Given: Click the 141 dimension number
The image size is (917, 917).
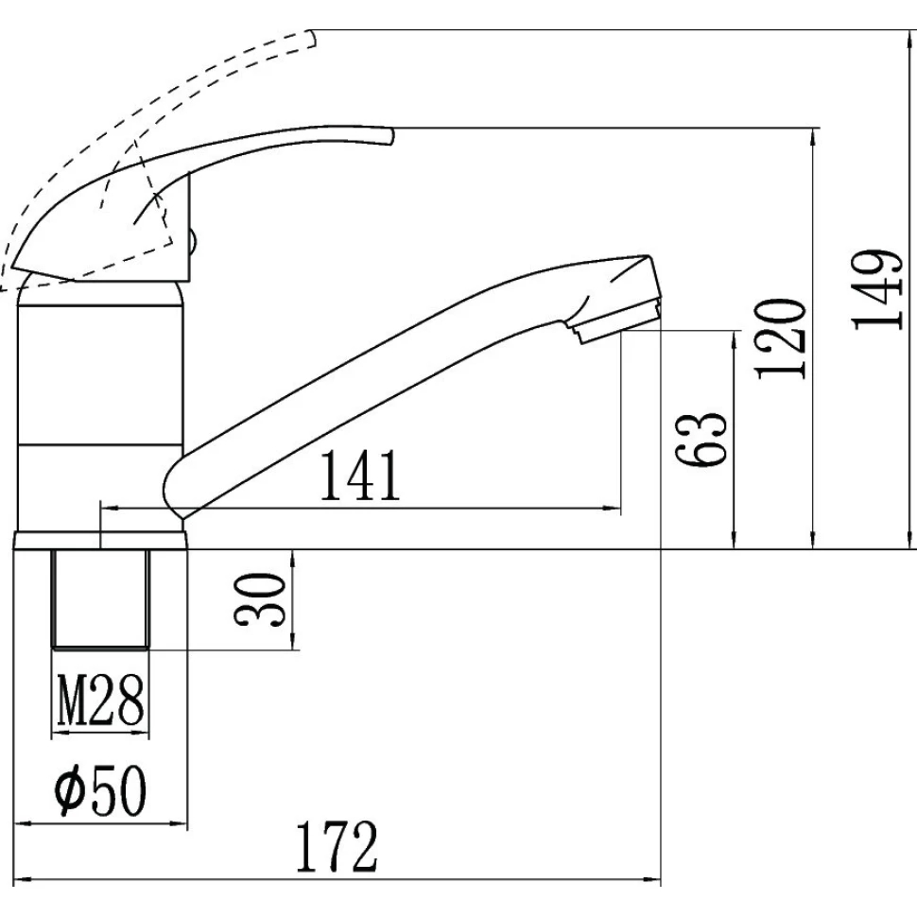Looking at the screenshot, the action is (x=361, y=475).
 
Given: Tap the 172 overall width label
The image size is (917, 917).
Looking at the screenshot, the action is (x=337, y=847).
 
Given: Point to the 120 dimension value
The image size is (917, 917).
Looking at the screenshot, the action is (x=781, y=339).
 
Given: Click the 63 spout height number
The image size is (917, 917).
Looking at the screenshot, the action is (x=701, y=440).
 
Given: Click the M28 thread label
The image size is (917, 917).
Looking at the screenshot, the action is (x=100, y=700).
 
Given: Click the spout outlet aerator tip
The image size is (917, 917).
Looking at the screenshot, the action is (x=620, y=321).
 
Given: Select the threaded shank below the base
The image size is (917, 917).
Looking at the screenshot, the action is (x=100, y=599).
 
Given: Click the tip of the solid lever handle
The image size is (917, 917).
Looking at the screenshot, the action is (x=391, y=136).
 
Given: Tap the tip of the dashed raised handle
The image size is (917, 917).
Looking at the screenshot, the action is (x=314, y=38).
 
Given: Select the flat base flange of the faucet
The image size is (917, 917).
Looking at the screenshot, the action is (x=100, y=541).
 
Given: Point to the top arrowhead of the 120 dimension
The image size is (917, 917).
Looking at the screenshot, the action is (x=814, y=136).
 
